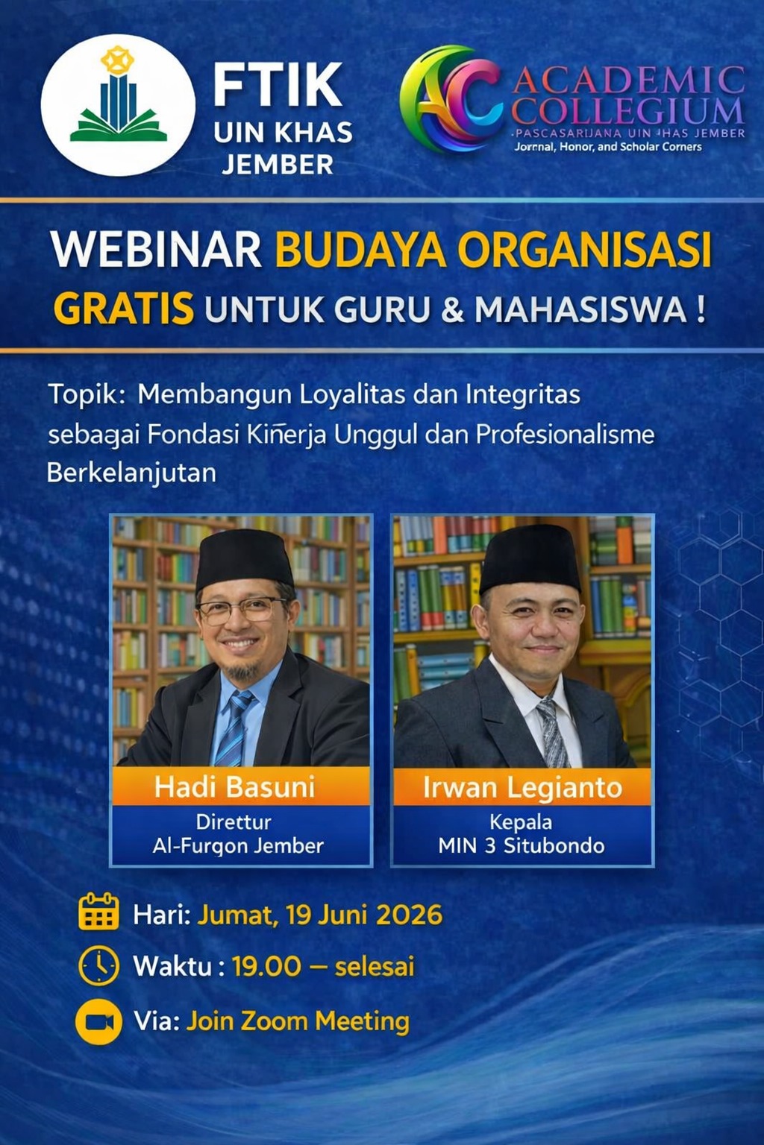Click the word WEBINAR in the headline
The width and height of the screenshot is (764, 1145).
tap(156, 250)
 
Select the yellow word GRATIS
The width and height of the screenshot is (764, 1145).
tap(124, 308)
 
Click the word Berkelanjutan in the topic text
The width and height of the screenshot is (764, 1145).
tap(131, 473)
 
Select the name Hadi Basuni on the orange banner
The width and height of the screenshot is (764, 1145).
tap(234, 787)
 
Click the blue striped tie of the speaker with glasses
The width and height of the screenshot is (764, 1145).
tap(234, 728)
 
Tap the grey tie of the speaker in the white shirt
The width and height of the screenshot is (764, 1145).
tap(551, 733)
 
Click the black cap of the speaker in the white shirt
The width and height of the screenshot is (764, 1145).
tap(530, 558)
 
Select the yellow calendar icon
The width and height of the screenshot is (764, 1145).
tap(98, 912)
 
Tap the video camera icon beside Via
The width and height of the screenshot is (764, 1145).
tap(98, 1021)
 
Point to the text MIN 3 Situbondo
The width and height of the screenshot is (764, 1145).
tap(522, 846)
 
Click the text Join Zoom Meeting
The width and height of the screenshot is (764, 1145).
tap(298, 1021)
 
